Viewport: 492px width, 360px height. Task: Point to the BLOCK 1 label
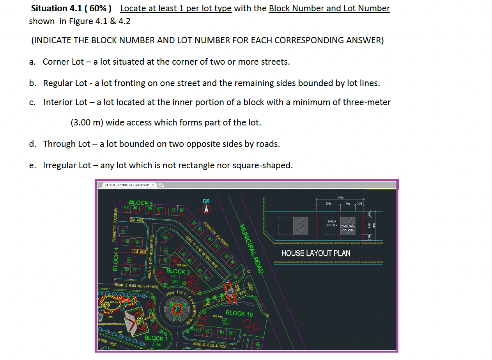point(156,338)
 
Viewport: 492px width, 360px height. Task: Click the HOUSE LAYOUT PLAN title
point(315,253)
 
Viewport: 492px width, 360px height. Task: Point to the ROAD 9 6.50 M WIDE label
point(210,345)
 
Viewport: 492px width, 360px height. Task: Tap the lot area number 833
point(225,323)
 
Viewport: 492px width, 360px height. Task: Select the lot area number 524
point(175,281)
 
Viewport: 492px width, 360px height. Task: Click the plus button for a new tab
point(161,185)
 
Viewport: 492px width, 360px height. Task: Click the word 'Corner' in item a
point(56,62)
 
